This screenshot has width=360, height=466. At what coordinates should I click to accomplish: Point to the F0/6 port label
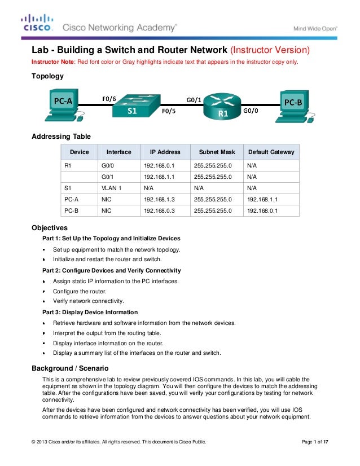point(109,99)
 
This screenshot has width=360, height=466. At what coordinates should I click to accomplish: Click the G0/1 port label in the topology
point(194,99)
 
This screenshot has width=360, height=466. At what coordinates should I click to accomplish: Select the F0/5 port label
point(169,112)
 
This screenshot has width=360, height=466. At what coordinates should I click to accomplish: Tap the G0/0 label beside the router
point(251,111)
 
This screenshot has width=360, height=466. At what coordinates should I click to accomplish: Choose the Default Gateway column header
point(271,152)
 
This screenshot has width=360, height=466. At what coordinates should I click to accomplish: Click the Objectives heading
point(51,228)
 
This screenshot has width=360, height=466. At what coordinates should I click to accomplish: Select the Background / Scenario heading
point(69,368)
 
